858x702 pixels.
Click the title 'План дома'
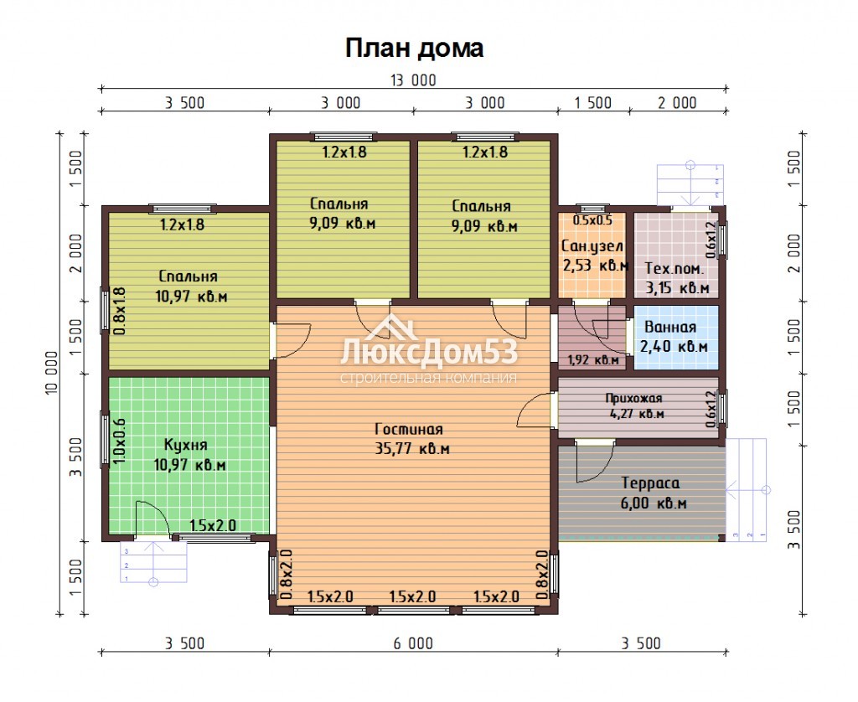coord(414,48)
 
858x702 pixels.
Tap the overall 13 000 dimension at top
coord(413,80)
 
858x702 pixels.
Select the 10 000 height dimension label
coord(51,373)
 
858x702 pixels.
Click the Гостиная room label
coord(409,429)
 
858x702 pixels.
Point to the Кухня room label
coord(186,444)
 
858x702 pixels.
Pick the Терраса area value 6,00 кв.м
coord(654,503)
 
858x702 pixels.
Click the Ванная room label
coord(670,327)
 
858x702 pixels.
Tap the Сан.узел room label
coord(592,246)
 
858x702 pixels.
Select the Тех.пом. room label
coord(675,268)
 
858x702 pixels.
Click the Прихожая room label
coord(633,398)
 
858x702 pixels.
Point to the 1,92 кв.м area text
coord(593,359)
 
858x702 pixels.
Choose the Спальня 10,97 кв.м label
coord(190,286)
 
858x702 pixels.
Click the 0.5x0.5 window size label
coord(592,220)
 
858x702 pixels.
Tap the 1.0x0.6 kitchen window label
coord(120,441)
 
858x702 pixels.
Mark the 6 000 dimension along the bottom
coord(413,643)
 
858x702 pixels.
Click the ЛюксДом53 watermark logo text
coord(428,352)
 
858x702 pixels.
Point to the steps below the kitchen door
coord(154,562)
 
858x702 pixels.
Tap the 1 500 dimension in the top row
coord(592,103)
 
